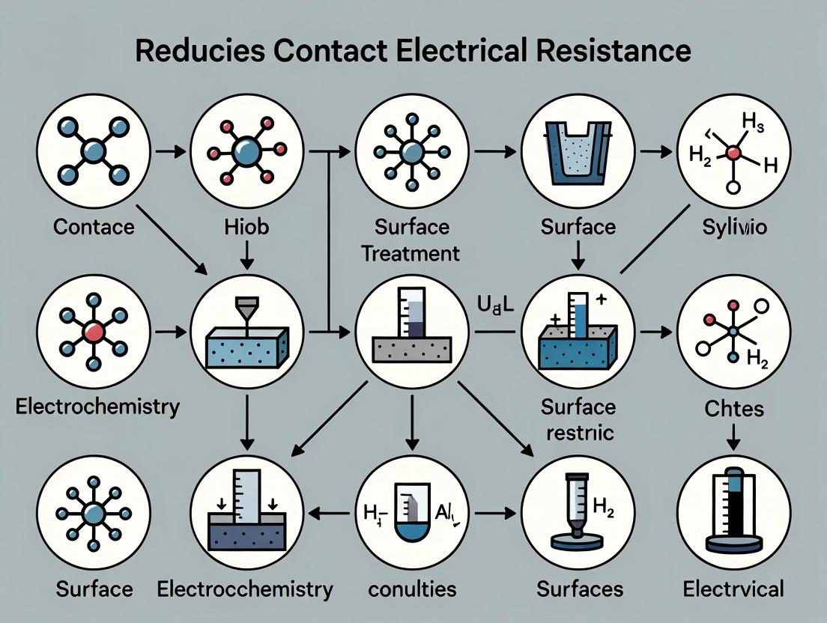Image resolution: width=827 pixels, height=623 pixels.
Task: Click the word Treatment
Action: click(411, 253)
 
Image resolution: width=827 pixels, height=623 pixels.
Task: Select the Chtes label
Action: click(733, 408)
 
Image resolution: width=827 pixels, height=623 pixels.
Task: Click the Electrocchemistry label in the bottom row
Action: click(245, 589)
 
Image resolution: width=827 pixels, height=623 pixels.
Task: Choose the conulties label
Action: click(412, 589)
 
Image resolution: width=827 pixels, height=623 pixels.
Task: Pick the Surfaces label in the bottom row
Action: click(580, 589)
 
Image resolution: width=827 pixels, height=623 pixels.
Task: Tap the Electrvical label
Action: click(733, 589)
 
